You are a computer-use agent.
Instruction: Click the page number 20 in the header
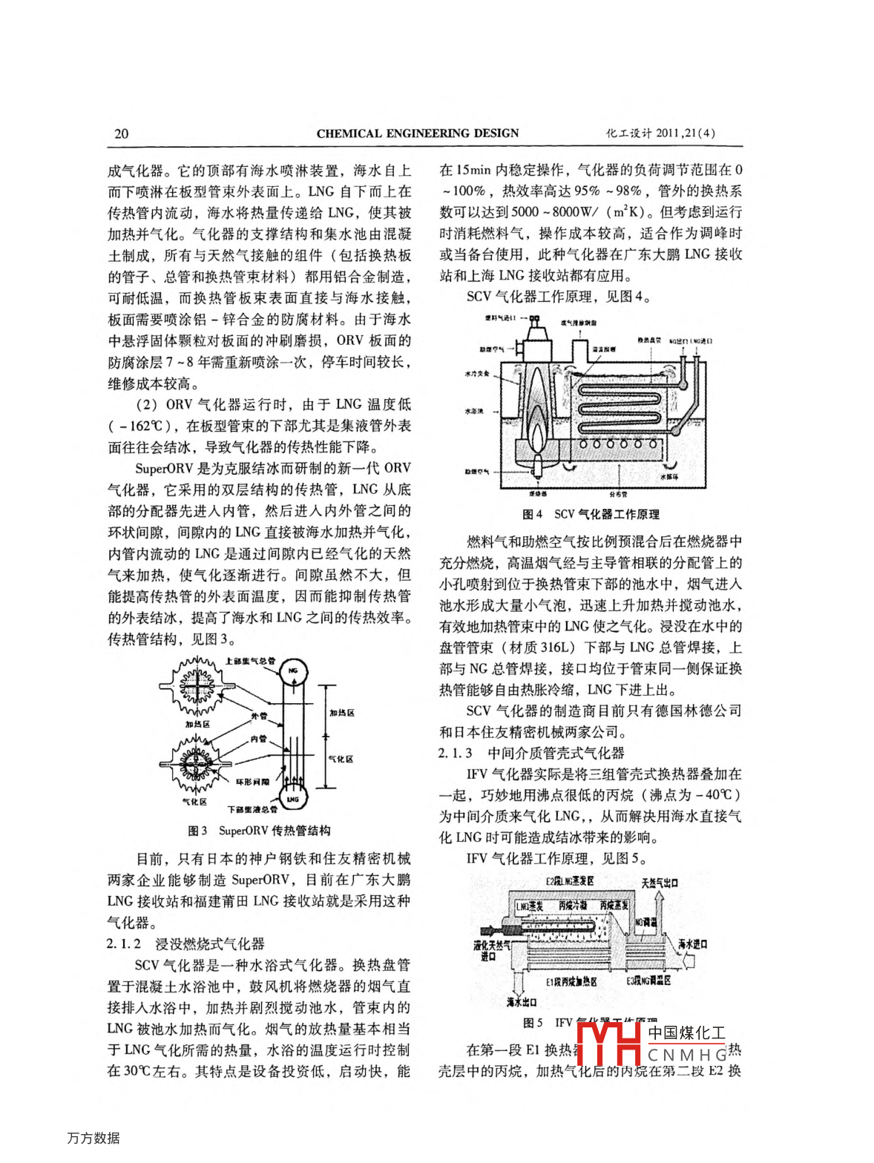click(x=121, y=134)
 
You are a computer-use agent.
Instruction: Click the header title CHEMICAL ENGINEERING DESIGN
click(x=418, y=134)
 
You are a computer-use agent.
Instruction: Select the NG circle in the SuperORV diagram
click(x=292, y=671)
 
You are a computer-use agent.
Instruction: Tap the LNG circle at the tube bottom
click(x=293, y=799)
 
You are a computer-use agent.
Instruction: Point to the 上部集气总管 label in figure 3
click(x=250, y=660)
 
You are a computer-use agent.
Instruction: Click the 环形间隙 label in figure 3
click(x=253, y=782)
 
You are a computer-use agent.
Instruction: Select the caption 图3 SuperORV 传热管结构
click(x=259, y=831)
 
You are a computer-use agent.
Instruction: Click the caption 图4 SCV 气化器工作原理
click(x=591, y=514)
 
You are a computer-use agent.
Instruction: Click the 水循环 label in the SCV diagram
click(x=668, y=476)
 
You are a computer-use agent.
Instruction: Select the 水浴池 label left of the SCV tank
click(x=476, y=411)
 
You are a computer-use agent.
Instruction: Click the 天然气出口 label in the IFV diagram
click(x=660, y=883)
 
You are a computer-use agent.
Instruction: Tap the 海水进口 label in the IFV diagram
click(x=692, y=944)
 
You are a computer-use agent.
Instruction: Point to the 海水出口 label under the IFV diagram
click(x=522, y=1002)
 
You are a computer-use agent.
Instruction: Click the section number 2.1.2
click(x=124, y=944)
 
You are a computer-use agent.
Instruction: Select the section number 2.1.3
click(x=455, y=753)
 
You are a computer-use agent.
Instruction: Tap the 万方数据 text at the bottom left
click(x=93, y=1138)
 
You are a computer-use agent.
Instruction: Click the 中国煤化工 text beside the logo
click(x=686, y=1032)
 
